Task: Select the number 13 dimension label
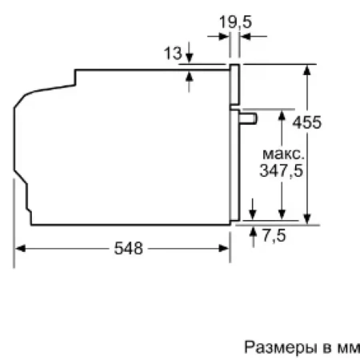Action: tap(171, 54)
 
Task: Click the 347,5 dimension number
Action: tap(281, 170)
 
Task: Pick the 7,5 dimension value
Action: tap(274, 236)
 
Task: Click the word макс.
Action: tap(283, 153)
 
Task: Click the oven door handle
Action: tap(250, 118)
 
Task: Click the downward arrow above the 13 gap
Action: tap(190, 58)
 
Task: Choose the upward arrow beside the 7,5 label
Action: tap(252, 233)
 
